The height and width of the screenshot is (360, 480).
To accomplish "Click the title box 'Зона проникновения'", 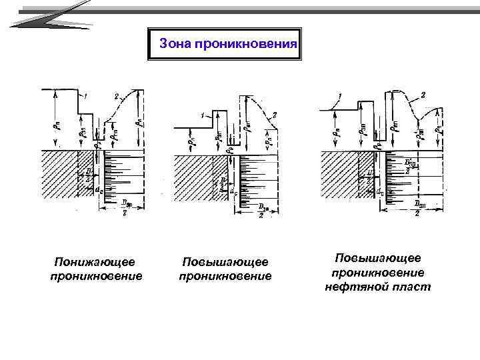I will click(225, 44).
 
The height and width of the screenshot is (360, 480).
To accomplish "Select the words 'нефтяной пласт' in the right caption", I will click(377, 287).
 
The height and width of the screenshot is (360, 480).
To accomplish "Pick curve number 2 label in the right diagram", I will click(423, 95).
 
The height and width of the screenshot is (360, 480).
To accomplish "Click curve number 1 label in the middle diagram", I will click(201, 115).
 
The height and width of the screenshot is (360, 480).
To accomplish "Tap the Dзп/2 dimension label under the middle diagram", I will click(263, 209).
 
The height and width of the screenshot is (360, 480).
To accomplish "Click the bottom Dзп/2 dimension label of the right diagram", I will click(417, 208).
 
